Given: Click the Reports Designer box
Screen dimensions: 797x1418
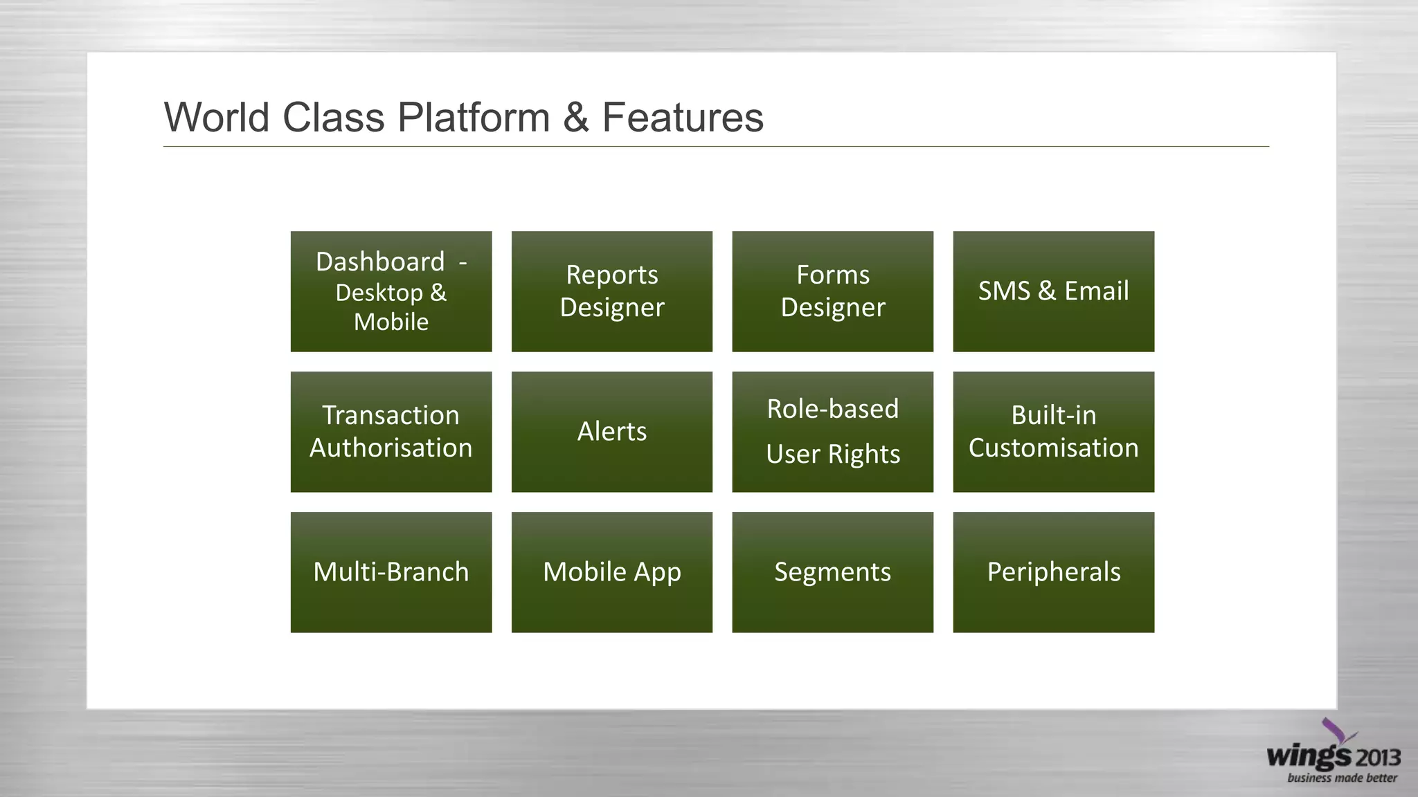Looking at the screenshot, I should click(611, 291).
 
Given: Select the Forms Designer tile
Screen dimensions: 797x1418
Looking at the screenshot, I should click(832, 291).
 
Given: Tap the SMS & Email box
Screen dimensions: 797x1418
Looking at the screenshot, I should click(1053, 291).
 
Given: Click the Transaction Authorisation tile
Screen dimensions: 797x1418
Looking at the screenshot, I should click(391, 432).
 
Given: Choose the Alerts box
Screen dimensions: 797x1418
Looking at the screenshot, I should click(611, 432).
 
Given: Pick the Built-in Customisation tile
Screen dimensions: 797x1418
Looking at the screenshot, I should click(1053, 432).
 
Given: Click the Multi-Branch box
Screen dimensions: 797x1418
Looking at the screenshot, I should click(391, 572).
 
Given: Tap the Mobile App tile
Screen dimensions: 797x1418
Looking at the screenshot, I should click(611, 572).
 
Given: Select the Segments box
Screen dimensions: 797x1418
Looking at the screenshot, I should click(832, 572).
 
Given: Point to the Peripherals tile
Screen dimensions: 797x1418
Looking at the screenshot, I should click(1053, 572).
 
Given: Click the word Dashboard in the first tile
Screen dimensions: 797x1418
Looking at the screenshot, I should click(380, 262).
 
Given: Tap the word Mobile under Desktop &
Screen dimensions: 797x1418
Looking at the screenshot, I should click(391, 322).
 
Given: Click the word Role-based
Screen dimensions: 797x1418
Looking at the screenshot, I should click(832, 409).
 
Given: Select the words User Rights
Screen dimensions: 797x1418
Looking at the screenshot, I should click(832, 454).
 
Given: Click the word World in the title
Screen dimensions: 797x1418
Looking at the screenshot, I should click(216, 117).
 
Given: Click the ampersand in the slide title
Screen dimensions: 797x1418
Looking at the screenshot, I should click(576, 117).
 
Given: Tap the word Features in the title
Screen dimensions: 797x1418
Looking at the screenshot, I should click(683, 117).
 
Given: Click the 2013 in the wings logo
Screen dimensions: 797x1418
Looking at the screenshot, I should click(1377, 758).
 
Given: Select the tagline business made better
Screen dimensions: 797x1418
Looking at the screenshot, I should click(1342, 778).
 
